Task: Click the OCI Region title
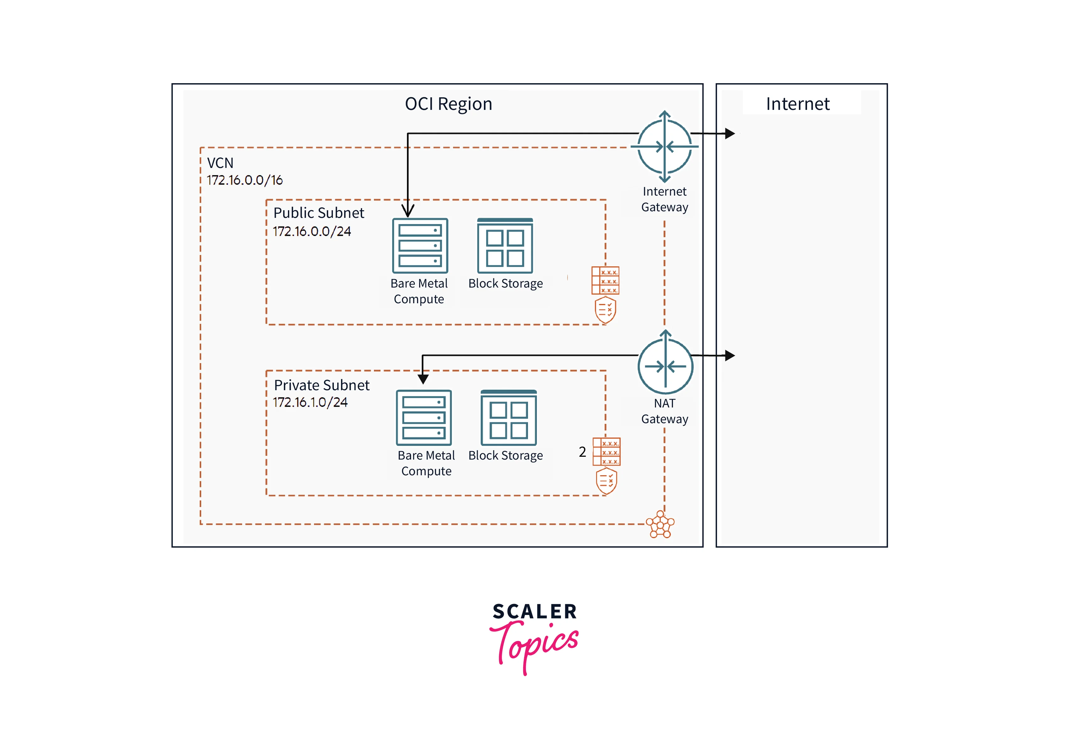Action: pyautogui.click(x=448, y=104)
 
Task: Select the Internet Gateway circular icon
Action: pyautogui.click(x=664, y=147)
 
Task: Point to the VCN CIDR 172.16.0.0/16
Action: pyautogui.click(x=245, y=180)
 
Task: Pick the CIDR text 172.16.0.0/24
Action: pyautogui.click(x=312, y=231)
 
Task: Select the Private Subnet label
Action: pyautogui.click(x=321, y=385)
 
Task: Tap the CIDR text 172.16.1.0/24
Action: pyautogui.click(x=310, y=403)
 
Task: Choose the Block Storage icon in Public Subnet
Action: pyautogui.click(x=505, y=246)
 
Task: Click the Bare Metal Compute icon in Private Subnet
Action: pyautogui.click(x=424, y=418)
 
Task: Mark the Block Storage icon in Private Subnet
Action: pyautogui.click(x=508, y=418)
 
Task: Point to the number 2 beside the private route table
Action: pyautogui.click(x=582, y=452)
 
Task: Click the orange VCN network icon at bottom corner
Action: pyautogui.click(x=660, y=524)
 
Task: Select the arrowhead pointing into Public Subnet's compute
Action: pyautogui.click(x=408, y=211)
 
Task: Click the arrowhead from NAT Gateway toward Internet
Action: pyautogui.click(x=729, y=355)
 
